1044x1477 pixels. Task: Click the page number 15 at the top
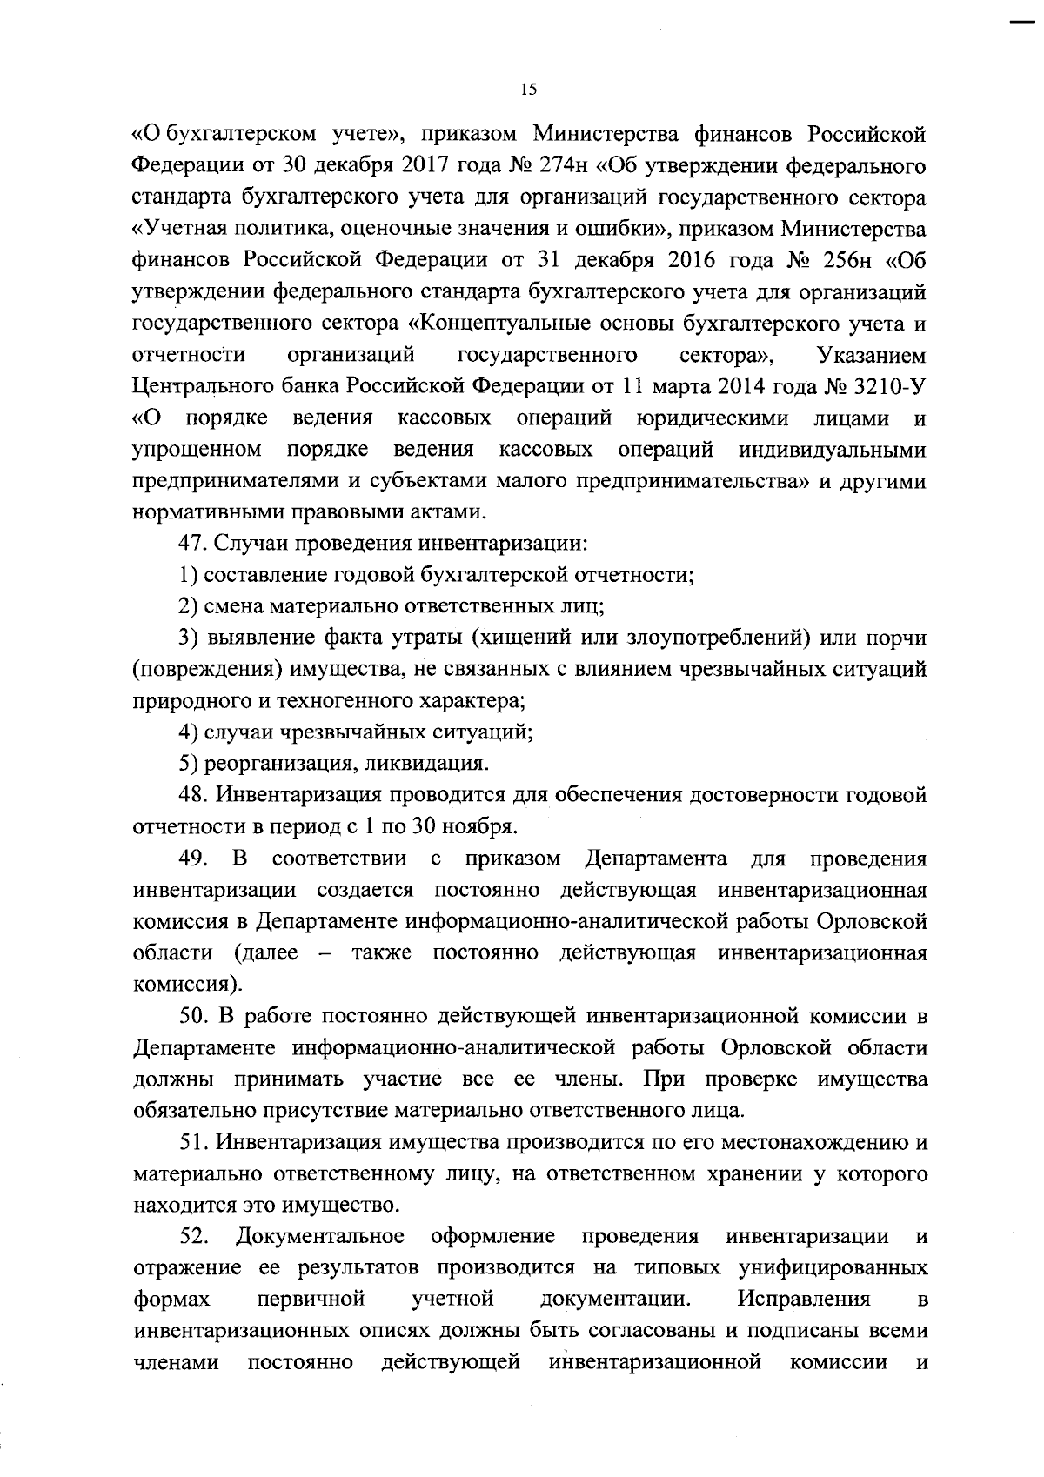click(529, 89)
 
